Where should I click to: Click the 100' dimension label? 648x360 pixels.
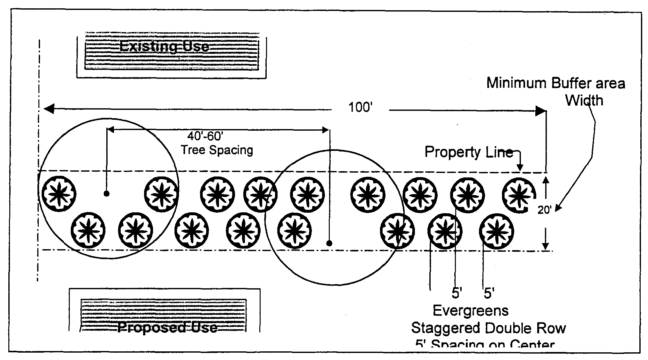(x=360, y=108)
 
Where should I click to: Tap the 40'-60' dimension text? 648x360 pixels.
(x=205, y=136)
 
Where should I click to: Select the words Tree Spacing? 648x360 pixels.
(x=217, y=150)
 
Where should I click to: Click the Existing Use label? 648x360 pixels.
(x=164, y=47)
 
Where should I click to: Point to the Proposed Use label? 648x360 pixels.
(x=167, y=327)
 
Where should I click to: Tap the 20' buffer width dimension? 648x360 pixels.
(x=544, y=210)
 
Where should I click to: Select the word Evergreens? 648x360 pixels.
(x=471, y=311)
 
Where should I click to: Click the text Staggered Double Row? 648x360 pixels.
(x=488, y=328)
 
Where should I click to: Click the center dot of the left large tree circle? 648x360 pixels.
(x=107, y=193)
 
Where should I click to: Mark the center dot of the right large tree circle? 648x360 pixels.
(x=329, y=243)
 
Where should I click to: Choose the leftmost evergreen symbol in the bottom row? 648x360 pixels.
(x=88, y=231)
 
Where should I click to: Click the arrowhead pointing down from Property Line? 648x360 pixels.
(x=520, y=168)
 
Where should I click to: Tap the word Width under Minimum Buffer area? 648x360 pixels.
(x=584, y=101)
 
